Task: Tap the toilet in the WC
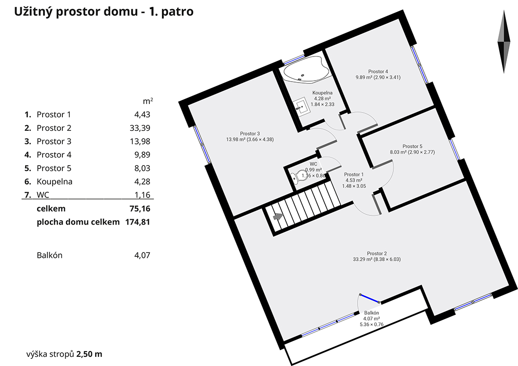[300, 176]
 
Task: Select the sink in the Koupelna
[302, 107]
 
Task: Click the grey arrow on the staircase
[278, 216]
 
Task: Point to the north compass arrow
[504, 42]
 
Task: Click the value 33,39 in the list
[140, 128]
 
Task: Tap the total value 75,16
[140, 209]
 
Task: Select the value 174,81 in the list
[137, 222]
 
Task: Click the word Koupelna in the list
[55, 182]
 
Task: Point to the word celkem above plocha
[51, 209]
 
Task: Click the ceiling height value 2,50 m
[89, 354]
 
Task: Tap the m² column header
[148, 101]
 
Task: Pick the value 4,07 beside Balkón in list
[143, 255]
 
